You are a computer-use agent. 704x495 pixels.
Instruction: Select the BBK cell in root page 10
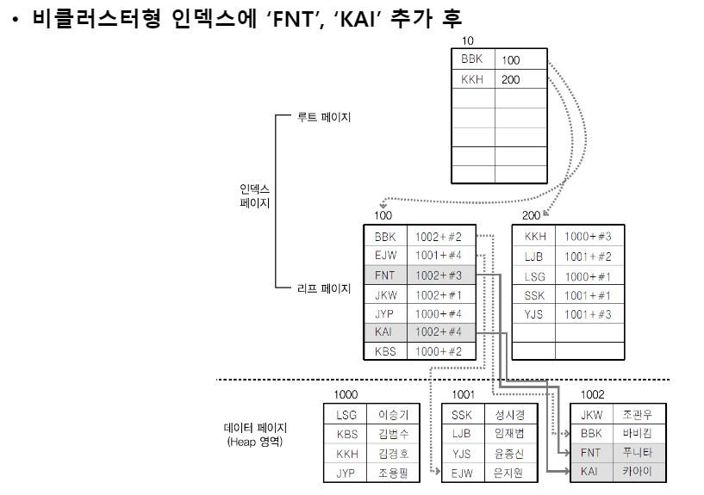[x=472, y=59]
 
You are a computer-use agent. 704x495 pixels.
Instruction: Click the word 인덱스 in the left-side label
[x=255, y=189]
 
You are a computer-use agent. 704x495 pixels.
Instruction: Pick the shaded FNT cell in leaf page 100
[x=384, y=275]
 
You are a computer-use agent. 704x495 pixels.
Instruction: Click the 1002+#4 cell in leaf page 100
[x=438, y=332]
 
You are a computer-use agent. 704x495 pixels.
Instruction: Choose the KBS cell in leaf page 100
[x=384, y=351]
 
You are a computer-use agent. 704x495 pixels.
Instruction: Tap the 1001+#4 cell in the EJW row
[x=438, y=256]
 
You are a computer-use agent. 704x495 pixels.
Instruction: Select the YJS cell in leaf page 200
[x=534, y=314]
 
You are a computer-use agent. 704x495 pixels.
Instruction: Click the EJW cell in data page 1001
[x=462, y=473]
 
